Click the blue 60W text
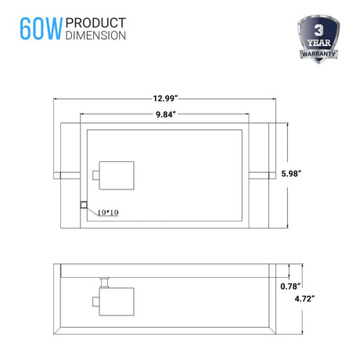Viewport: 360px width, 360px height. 41,29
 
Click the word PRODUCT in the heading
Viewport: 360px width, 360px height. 95,23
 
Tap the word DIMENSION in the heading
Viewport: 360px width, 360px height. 95,35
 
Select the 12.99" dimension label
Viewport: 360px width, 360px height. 165,99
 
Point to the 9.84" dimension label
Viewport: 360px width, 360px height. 166,114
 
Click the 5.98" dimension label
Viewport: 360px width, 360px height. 291,174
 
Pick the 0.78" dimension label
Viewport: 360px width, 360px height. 290,286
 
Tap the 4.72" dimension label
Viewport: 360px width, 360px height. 304,299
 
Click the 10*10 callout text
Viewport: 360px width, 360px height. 108,213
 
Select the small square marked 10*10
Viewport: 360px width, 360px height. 84,205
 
